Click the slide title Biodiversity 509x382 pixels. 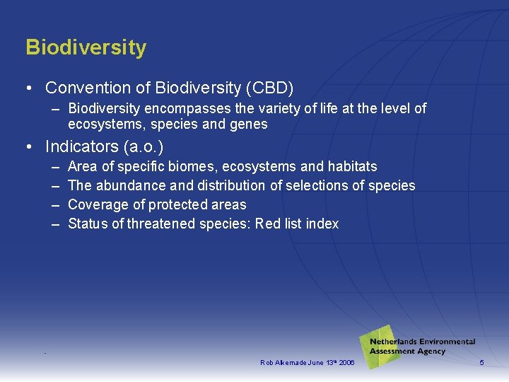(86, 47)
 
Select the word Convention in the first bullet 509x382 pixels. (84, 88)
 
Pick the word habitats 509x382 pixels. (352, 167)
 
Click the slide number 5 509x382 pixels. (481, 363)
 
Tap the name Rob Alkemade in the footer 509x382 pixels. (282, 363)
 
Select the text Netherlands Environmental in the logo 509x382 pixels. (422, 342)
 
